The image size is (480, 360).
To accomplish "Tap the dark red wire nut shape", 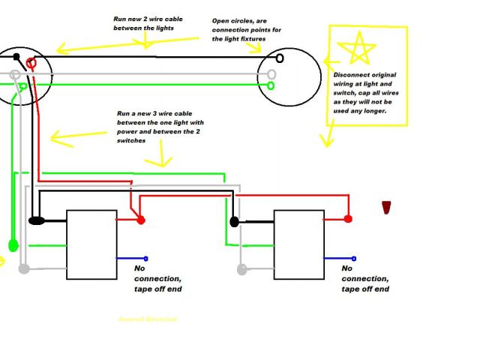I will (x=387, y=208).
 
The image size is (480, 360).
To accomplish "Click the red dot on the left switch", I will (x=140, y=220).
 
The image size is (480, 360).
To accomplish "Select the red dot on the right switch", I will (x=348, y=219).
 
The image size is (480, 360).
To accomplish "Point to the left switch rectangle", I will (x=91, y=244).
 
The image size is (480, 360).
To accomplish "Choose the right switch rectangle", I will (x=298, y=244).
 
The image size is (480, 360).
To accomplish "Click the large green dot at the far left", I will (x=13, y=244).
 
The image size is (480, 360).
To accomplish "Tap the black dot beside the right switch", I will (x=235, y=222).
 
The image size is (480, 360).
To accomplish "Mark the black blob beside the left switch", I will (x=37, y=221).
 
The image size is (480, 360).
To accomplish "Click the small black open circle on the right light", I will (x=280, y=58).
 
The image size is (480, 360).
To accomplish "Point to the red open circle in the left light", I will (x=31, y=62).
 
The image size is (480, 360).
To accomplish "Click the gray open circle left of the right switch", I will (x=242, y=268).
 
